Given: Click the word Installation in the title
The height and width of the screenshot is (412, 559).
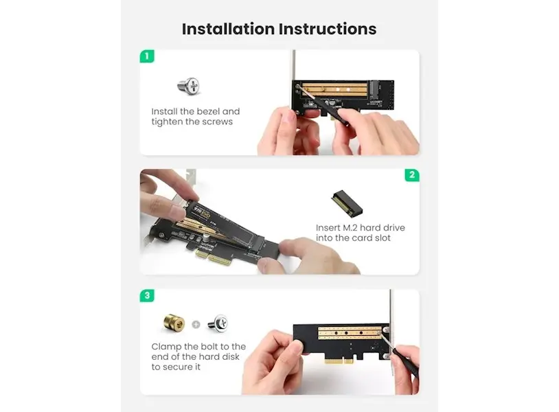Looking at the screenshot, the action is click(228, 29).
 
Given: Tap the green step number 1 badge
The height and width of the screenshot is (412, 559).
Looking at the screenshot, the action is click(147, 56).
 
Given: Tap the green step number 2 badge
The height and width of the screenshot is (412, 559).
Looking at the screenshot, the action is click(412, 174).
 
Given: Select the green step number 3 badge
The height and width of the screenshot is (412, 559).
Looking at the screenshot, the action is click(147, 295).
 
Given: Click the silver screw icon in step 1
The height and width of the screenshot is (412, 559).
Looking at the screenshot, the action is click(189, 87).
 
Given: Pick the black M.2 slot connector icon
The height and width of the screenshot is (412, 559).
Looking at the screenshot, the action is click(347, 203).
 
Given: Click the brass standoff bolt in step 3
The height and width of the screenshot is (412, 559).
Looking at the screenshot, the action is click(174, 323).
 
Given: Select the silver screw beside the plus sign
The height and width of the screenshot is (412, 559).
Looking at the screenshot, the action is click(218, 323).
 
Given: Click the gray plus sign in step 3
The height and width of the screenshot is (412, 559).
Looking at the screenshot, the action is click(196, 324).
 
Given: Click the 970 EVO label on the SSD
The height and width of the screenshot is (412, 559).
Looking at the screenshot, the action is click(202, 211).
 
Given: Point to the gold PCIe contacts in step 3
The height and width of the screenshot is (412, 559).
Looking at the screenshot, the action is click(339, 361).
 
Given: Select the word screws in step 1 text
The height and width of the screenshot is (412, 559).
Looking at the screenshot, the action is click(217, 122).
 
